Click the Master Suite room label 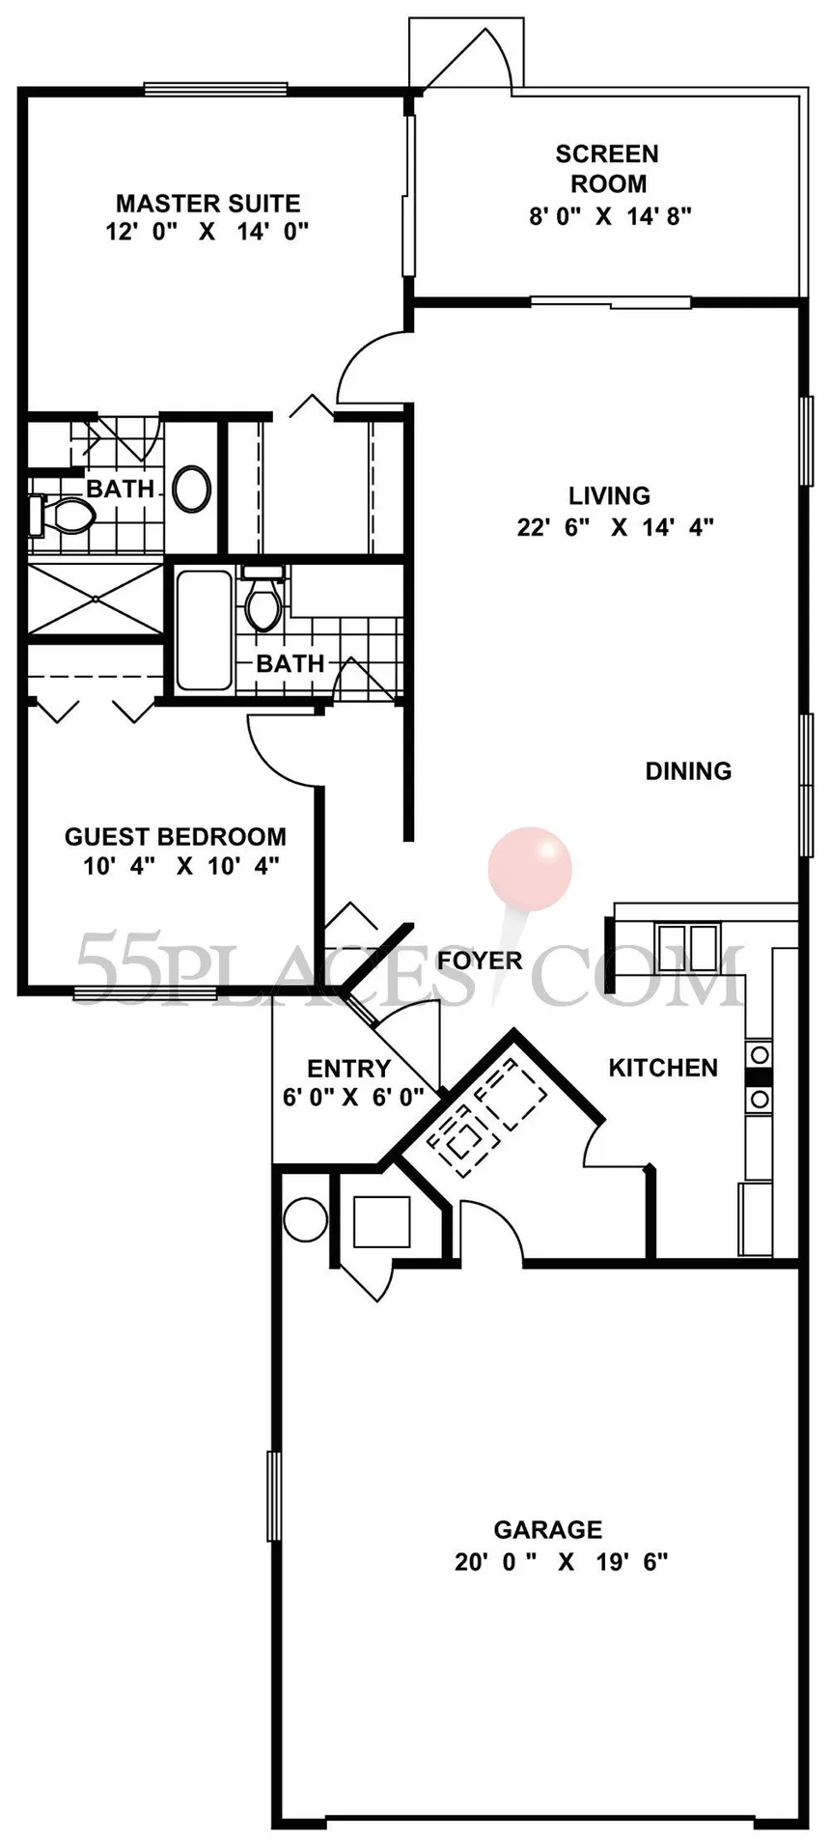(207, 203)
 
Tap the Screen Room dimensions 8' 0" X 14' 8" (610, 215)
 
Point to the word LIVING (609, 495)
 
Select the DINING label (688, 770)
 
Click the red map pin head (530, 867)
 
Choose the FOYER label (480, 960)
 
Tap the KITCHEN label (663, 1067)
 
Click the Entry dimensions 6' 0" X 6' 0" (353, 1097)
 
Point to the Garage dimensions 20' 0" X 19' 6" (562, 1561)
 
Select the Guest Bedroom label (176, 836)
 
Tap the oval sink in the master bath (193, 488)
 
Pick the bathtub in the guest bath (205, 628)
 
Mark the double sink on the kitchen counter (687, 939)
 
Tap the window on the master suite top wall (216, 89)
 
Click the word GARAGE (547, 1529)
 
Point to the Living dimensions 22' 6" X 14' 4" (615, 527)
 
